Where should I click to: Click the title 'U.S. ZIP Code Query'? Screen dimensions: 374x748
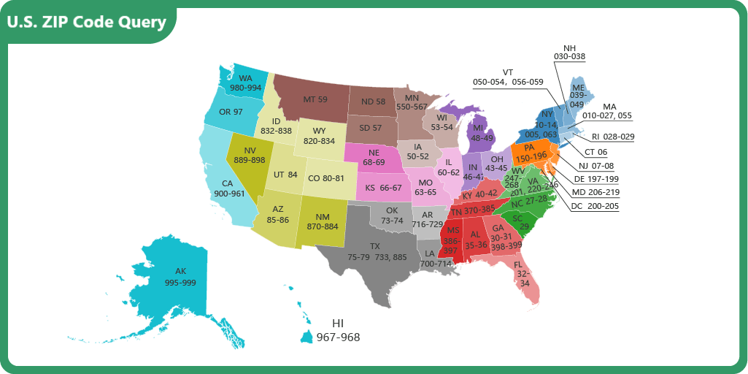[87, 22]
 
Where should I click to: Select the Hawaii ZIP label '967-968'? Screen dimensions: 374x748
[338, 337]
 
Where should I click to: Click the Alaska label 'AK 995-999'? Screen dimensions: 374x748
[180, 277]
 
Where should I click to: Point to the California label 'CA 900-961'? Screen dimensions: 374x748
[228, 188]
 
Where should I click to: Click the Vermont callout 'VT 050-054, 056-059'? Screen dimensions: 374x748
[508, 77]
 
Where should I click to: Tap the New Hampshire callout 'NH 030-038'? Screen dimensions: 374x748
[569, 51]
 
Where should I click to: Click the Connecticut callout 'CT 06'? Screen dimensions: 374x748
[597, 152]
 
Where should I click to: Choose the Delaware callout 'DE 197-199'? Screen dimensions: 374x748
[595, 179]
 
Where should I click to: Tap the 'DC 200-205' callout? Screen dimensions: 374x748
[595, 206]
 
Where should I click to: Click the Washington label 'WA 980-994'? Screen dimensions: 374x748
[245, 83]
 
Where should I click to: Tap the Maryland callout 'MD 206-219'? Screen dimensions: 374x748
[595, 192]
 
